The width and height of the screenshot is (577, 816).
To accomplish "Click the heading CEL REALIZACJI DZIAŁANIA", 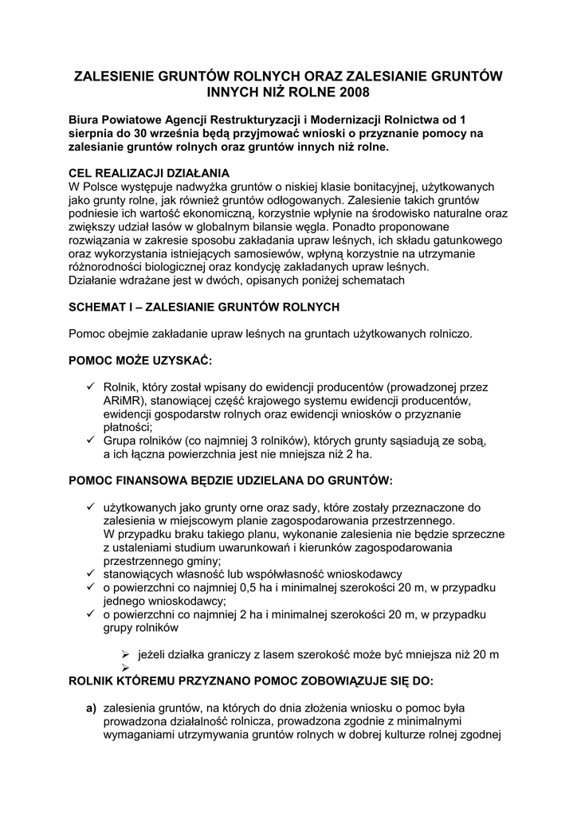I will click(x=149, y=173).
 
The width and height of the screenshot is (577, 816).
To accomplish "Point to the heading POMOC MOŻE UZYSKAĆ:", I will click(x=140, y=360).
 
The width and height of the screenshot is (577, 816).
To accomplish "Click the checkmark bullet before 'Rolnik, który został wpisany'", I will click(x=91, y=387).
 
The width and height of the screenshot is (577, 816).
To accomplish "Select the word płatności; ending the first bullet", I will click(x=129, y=428).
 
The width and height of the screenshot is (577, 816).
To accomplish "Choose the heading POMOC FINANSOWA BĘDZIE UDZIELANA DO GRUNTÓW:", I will click(x=231, y=481).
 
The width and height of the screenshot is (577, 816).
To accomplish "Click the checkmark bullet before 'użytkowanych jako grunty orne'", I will click(x=91, y=508).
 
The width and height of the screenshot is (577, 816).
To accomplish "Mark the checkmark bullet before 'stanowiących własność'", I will click(x=91, y=575).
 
